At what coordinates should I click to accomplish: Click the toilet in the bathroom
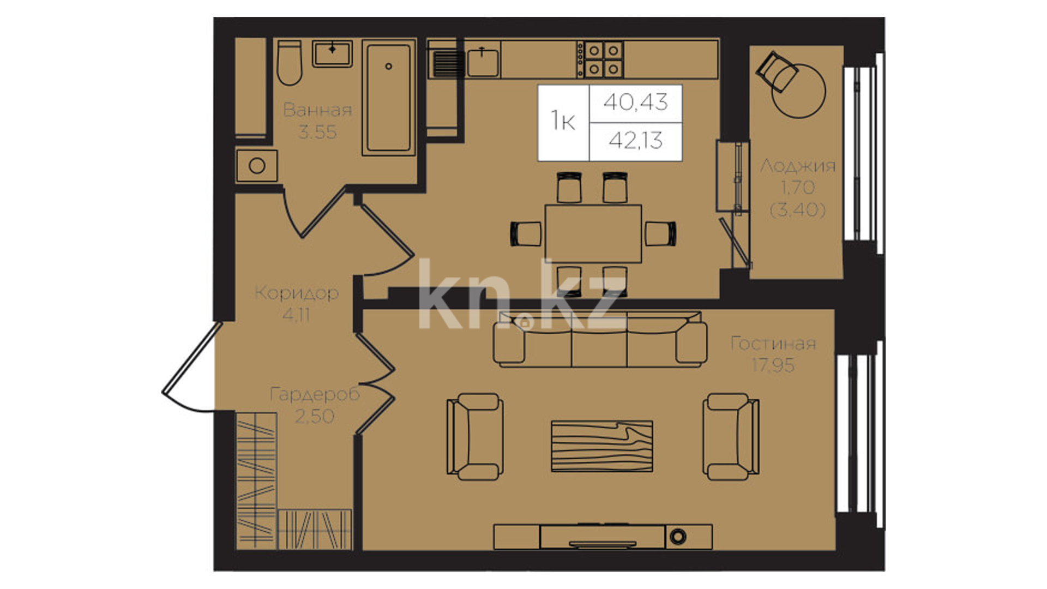click(289, 63)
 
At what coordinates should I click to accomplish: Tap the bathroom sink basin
click(332, 53)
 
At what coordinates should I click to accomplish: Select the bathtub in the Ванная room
click(389, 97)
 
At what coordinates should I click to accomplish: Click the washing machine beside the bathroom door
click(257, 165)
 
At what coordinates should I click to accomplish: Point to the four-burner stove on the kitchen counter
click(600, 59)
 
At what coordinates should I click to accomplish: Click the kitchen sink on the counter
click(483, 62)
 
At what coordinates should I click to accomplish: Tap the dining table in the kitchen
click(593, 233)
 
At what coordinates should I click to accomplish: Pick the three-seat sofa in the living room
click(600, 339)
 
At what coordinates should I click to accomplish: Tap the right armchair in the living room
click(731, 437)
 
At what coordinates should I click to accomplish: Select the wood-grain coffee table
click(602, 446)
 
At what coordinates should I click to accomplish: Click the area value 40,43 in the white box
click(635, 102)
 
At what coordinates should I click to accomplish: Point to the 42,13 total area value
click(636, 141)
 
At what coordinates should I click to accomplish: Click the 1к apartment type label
click(563, 121)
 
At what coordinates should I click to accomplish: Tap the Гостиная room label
click(773, 344)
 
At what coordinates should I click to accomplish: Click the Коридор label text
click(297, 293)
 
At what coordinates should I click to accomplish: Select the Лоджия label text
click(798, 165)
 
